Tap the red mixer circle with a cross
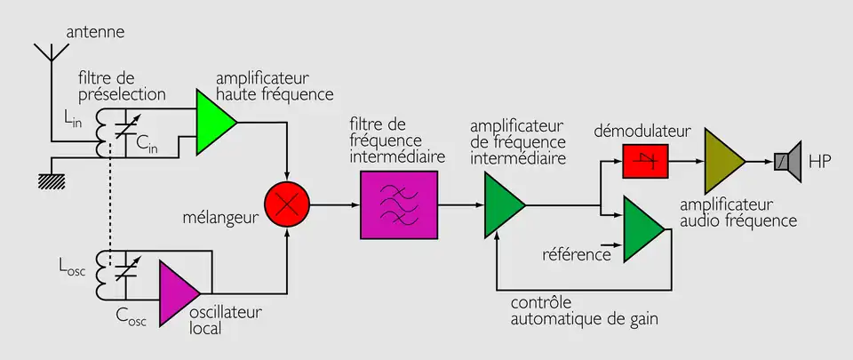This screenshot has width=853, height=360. [286, 204]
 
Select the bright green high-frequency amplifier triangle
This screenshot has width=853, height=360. [213, 123]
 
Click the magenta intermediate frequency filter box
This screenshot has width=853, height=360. [399, 204]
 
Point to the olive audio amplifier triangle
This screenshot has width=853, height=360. [722, 161]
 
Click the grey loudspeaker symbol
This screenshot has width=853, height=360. [785, 161]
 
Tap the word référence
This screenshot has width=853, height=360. [576, 255]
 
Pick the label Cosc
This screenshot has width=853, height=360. [130, 315]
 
